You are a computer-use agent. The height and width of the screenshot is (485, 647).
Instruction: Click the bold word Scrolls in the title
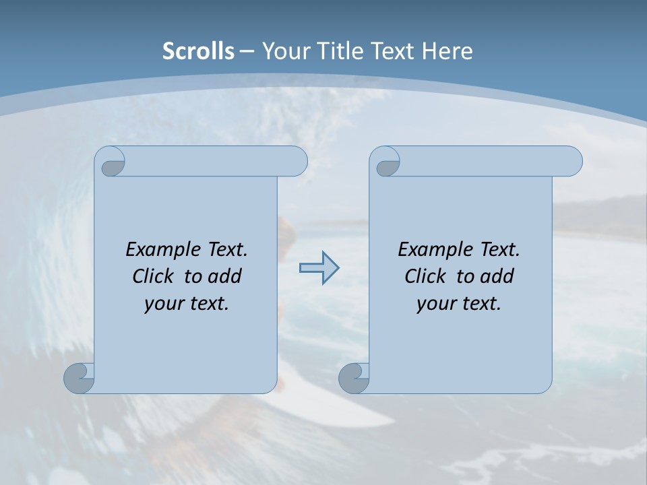[198, 51]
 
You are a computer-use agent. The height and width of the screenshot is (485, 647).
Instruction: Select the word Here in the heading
[447, 51]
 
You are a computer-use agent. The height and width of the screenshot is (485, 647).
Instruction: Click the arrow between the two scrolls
[319, 268]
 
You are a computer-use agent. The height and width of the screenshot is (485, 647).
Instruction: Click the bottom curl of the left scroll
[79, 378]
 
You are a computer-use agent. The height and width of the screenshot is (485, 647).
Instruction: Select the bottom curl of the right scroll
[353, 378]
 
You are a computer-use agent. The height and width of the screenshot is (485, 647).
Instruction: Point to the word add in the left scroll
[224, 277]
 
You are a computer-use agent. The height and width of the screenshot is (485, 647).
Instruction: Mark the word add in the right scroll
[497, 277]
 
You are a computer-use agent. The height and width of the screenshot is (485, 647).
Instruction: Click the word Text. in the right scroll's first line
[499, 250]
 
